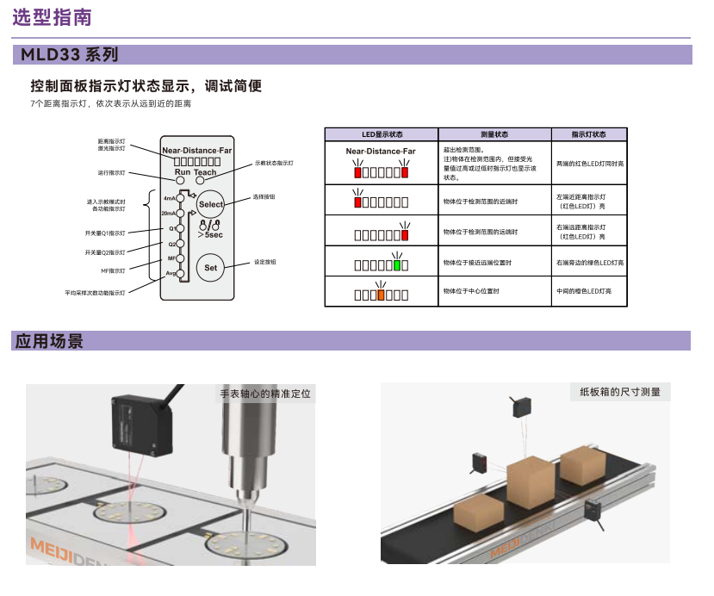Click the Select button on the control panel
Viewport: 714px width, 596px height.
pos(210,205)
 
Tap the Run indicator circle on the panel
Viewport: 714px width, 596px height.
pos(181,181)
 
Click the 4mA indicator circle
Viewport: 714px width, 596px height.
pos(180,197)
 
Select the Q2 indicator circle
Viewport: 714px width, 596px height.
pos(181,244)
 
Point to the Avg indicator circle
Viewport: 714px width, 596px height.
pos(181,273)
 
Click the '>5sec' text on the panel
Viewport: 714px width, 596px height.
pos(210,234)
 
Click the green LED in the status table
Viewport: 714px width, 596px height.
pos(396,264)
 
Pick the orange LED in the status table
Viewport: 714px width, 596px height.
pos(380,295)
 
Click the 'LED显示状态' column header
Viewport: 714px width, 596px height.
pos(382,134)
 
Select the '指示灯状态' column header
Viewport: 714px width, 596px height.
pos(589,134)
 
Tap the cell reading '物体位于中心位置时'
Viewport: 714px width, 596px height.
pos(471,291)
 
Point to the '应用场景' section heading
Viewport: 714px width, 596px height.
pos(49,341)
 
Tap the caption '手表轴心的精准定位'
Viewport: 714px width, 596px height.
pos(264,394)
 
